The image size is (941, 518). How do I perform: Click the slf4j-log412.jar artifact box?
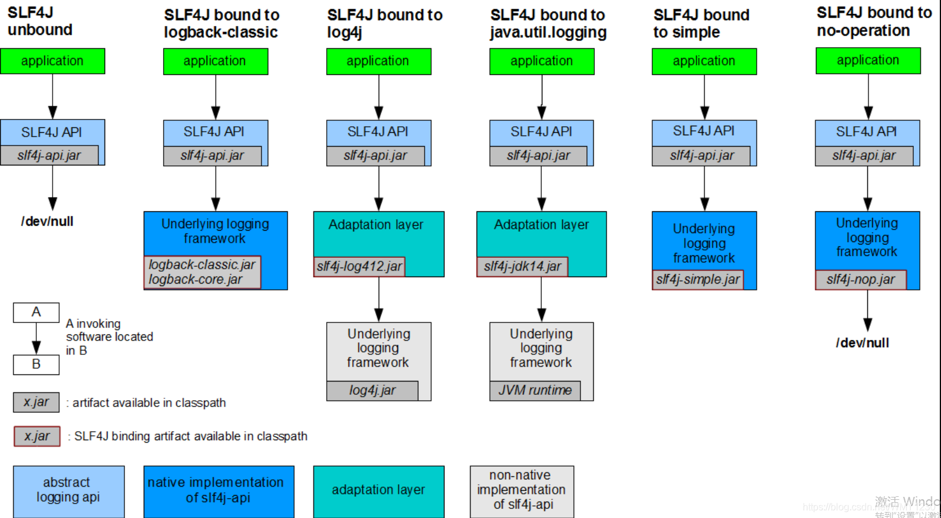[359, 266]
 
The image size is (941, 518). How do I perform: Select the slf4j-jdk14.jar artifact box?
[522, 266]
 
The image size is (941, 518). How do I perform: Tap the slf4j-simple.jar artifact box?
[698, 280]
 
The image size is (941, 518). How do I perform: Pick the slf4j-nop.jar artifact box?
[861, 280]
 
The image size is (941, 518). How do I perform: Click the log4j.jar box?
[372, 391]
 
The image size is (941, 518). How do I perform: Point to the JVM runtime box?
[535, 391]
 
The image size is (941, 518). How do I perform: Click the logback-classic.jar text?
[202, 264]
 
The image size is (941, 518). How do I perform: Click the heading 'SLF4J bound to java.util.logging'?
[548, 24]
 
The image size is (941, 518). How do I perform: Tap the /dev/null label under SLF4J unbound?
[47, 222]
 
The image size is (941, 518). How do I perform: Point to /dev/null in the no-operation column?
[862, 343]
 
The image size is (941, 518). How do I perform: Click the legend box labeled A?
[36, 312]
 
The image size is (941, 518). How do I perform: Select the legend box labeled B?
[36, 365]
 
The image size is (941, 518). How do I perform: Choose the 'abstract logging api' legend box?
[68, 491]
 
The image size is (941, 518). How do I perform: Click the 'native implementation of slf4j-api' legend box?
[219, 491]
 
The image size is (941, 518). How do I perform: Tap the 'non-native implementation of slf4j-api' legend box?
[522, 491]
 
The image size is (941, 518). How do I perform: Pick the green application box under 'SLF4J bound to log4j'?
[379, 62]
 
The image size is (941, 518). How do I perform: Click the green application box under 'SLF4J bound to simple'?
[704, 62]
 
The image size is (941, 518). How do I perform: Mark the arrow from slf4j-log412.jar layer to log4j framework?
[379, 299]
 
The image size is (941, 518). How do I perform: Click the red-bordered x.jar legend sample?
[37, 436]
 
